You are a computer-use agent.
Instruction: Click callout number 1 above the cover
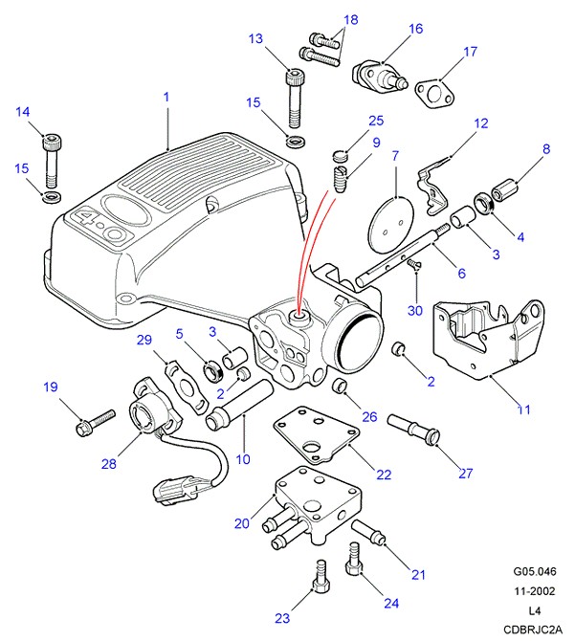166,97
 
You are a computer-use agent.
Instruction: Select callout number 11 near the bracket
523,410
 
